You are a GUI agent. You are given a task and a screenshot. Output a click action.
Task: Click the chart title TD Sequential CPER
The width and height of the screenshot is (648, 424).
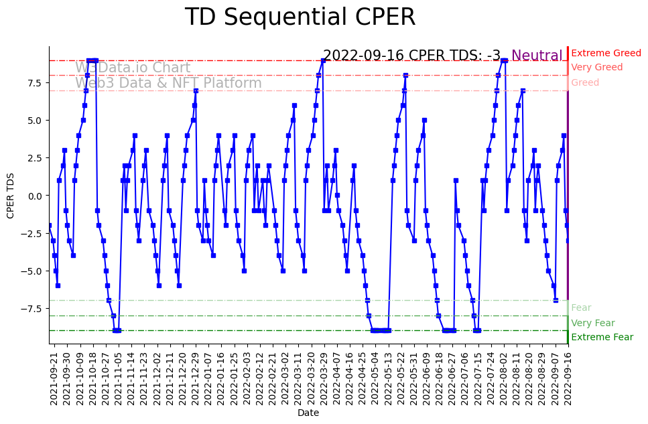300,18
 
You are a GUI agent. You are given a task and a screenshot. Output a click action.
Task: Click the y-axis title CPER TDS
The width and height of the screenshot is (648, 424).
11,195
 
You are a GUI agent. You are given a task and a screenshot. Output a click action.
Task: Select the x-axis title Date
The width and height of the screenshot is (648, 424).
308,413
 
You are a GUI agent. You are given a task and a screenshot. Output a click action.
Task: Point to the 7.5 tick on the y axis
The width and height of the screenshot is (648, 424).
34,83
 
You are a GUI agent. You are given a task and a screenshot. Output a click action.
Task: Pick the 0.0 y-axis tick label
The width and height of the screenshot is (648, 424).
33,196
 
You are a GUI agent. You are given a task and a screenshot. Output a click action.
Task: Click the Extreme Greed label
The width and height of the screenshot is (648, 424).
606,53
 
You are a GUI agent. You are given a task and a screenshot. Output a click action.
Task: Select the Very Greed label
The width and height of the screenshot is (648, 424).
596,68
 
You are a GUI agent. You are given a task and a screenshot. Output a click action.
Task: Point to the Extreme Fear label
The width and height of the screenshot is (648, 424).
602,337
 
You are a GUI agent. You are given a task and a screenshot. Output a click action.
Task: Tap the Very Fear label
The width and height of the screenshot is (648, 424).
592,323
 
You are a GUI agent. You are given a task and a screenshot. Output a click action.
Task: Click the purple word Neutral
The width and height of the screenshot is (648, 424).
537,56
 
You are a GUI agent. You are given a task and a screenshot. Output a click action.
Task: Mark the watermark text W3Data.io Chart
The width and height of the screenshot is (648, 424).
133,68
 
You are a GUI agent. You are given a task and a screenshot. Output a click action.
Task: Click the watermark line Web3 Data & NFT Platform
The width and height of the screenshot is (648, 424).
168,83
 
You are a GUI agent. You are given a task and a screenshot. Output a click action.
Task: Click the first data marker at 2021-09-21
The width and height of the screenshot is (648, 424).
50,226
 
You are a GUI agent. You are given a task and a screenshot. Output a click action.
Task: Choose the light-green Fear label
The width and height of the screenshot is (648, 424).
581,308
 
